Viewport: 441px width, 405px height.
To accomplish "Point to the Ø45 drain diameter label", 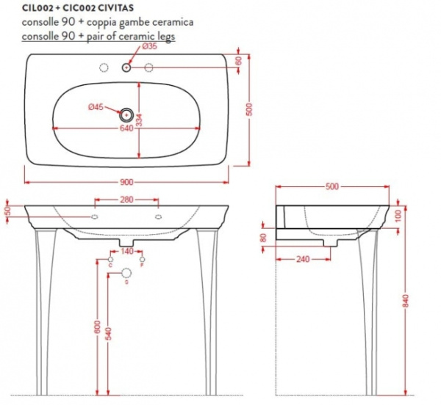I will [95, 108].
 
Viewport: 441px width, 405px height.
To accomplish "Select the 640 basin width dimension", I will [126, 128].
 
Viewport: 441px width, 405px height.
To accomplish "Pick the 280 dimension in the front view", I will [126, 199].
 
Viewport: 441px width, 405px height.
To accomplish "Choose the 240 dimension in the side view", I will [303, 258].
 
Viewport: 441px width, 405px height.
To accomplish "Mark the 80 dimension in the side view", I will [264, 238].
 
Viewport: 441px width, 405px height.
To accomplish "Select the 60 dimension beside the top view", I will [239, 61].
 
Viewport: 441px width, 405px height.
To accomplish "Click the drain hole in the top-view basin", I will [126, 114].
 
